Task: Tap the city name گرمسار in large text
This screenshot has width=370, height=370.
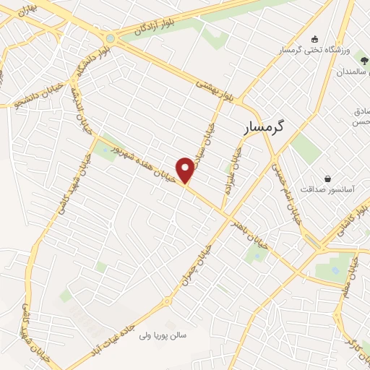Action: [262, 126]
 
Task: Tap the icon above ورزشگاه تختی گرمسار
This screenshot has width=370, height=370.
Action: [314, 39]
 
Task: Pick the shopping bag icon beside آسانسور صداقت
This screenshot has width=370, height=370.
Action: [327, 178]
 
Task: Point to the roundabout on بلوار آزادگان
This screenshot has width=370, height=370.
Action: [110, 39]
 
